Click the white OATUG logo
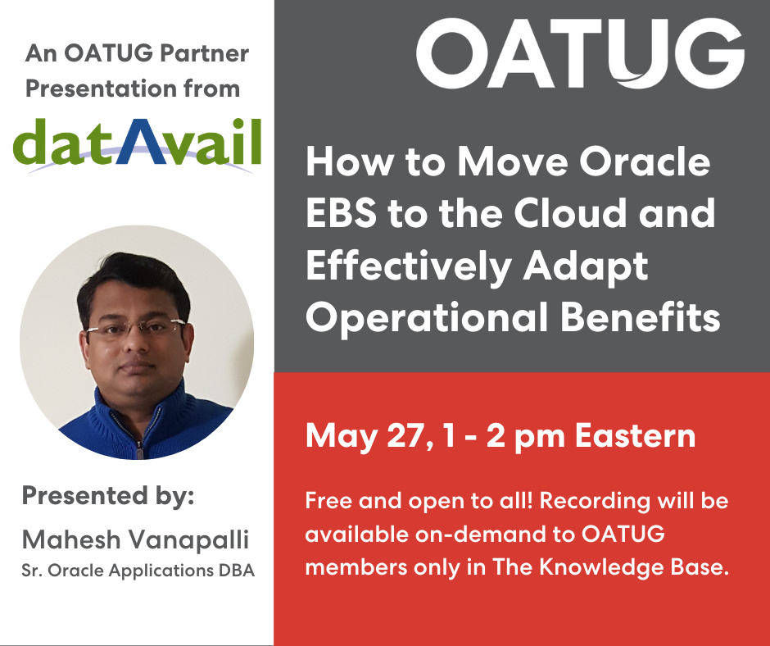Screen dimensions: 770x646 (580, 53)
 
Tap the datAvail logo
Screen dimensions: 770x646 (137, 144)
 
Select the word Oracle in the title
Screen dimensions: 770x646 (645, 161)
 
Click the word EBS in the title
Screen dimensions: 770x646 (342, 213)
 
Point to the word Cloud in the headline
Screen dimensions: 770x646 (570, 212)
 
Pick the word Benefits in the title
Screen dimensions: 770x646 (641, 316)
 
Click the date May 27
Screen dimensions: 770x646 (365, 436)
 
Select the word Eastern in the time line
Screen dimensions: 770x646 (636, 435)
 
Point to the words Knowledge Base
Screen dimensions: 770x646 (634, 566)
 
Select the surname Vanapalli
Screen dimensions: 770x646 (188, 539)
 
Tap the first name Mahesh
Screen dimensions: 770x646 (71, 539)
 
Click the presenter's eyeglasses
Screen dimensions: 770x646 (135, 327)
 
